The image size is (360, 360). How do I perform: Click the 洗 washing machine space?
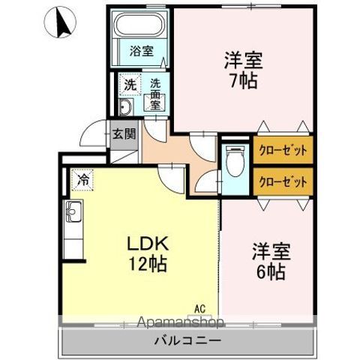[130, 86]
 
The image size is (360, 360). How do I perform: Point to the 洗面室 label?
[155, 94]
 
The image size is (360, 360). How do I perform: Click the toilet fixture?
[235, 161]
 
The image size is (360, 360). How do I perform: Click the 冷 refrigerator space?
[84, 180]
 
